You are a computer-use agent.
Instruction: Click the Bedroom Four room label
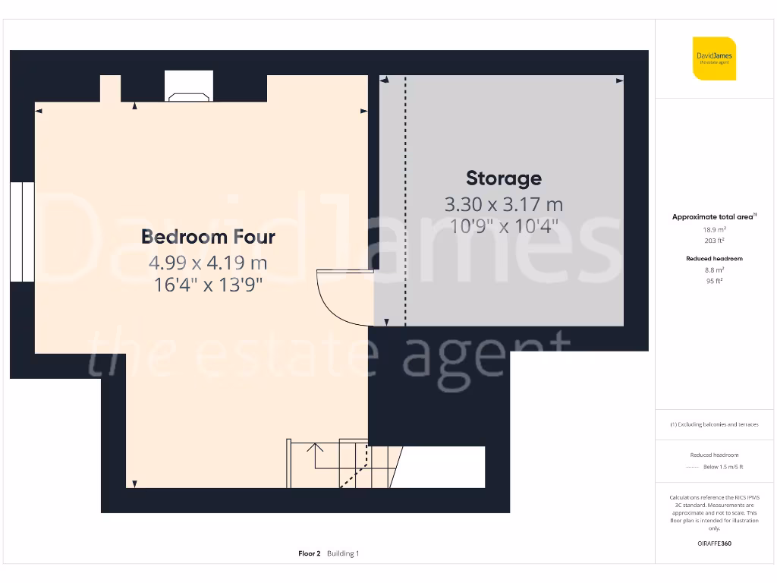click(208, 237)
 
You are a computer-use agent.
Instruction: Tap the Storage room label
click(503, 178)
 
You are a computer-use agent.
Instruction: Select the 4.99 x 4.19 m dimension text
click(208, 263)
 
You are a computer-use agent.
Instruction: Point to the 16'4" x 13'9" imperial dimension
click(208, 286)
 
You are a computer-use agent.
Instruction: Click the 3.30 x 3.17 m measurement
click(503, 205)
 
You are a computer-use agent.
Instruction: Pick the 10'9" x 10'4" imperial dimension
click(503, 225)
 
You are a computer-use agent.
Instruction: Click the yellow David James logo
click(714, 58)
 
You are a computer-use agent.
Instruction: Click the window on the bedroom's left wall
click(22, 232)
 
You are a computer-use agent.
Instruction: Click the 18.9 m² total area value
click(715, 228)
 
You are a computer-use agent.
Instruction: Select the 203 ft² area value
click(715, 240)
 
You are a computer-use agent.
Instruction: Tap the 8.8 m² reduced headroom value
click(715, 269)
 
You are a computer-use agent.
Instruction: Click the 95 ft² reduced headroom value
click(715, 281)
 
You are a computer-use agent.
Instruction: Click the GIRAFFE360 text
click(714, 544)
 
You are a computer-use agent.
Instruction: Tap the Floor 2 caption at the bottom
click(310, 553)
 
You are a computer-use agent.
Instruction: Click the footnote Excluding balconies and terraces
click(714, 424)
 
